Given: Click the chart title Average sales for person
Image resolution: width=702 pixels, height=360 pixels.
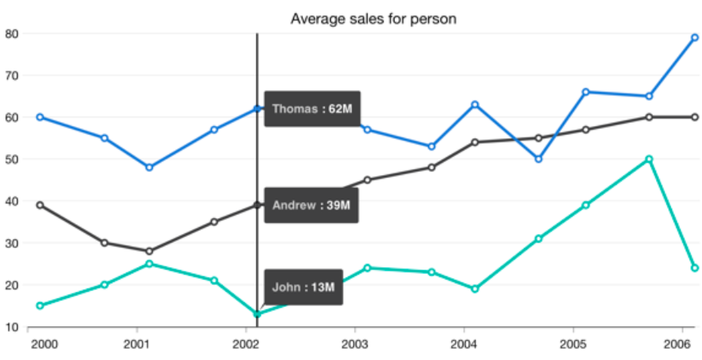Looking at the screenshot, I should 373,18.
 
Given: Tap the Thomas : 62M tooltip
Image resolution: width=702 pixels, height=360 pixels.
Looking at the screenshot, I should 312,109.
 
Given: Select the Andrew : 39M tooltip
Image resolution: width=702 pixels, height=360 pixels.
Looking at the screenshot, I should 311,205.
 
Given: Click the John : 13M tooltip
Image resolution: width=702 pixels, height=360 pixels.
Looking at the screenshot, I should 304,288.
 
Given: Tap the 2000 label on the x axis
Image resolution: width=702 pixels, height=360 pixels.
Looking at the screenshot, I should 43,343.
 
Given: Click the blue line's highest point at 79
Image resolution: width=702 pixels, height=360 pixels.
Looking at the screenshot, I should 694,37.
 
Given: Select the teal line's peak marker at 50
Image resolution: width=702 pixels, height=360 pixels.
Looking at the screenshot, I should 649,159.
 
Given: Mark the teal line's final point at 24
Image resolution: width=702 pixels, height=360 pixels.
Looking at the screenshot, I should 694,268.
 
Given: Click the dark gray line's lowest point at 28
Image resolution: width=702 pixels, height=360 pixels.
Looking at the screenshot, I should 150,251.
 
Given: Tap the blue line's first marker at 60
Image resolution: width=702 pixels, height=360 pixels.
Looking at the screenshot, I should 40,117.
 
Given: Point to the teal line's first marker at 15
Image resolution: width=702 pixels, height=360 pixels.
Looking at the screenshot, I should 40,306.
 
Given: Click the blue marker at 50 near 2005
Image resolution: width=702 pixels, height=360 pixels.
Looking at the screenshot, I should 539,159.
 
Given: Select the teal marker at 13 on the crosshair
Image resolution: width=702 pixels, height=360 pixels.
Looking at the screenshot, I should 257,314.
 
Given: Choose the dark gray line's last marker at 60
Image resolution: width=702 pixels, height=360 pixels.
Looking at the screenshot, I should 694,117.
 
